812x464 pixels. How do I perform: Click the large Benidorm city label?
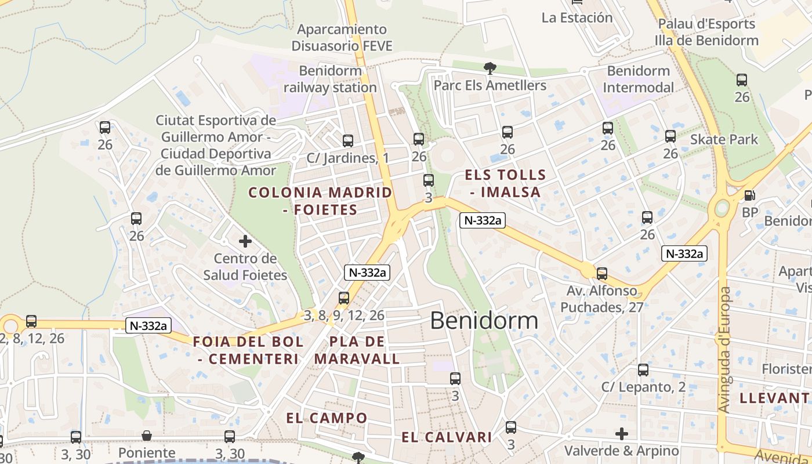(x=484, y=320)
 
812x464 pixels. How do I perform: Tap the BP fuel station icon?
(x=749, y=196)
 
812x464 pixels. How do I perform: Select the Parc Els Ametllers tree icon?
(x=490, y=68)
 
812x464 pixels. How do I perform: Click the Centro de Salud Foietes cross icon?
(x=245, y=241)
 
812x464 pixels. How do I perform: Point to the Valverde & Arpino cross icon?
(x=622, y=433)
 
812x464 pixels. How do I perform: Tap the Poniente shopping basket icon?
(x=147, y=436)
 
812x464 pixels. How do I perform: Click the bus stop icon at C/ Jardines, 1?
(x=348, y=140)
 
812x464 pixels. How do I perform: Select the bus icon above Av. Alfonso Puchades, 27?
(x=602, y=273)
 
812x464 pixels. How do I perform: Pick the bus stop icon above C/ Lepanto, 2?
(x=643, y=369)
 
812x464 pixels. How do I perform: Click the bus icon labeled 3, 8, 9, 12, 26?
(x=344, y=298)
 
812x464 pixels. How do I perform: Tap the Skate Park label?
(x=724, y=139)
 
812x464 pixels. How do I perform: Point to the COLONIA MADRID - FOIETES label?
(x=320, y=201)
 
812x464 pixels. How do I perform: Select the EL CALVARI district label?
(x=447, y=437)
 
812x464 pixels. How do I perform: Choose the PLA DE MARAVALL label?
(x=357, y=350)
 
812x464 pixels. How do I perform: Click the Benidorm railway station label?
(x=331, y=79)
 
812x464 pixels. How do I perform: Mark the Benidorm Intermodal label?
(x=638, y=79)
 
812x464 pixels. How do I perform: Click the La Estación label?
(x=577, y=17)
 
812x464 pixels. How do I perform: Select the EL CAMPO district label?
(x=327, y=418)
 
